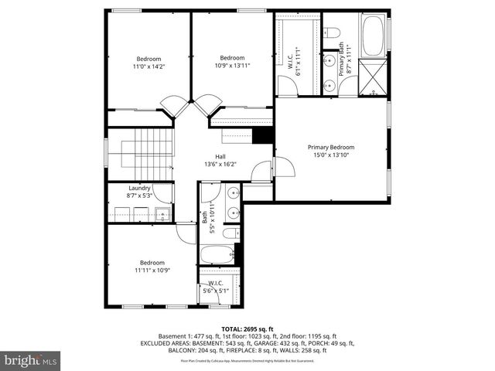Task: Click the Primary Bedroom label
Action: click(x=331, y=148)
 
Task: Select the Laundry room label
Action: click(x=139, y=188)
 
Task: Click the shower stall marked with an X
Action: click(x=376, y=78)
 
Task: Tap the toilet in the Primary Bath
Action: click(x=332, y=33)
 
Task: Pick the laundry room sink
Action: click(x=162, y=214)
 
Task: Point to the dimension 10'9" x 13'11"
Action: click(x=232, y=66)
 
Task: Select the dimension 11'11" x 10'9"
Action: click(x=152, y=271)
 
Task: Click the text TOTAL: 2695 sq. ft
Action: click(x=247, y=328)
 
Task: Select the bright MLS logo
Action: click(x=31, y=360)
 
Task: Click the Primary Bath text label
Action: click(x=341, y=60)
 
